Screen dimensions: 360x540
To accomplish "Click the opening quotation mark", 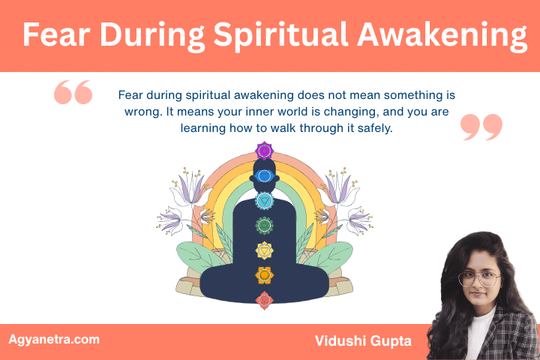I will [73, 93].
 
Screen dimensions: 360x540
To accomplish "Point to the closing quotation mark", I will [481, 127].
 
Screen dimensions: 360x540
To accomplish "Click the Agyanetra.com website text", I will [54, 339].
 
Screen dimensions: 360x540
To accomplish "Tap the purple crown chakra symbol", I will [263, 151].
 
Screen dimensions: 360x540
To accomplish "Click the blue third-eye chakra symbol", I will [263, 176].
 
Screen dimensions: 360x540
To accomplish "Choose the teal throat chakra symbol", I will [263, 200].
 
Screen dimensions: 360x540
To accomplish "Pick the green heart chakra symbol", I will [263, 224].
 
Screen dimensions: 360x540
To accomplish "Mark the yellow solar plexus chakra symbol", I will [263, 250].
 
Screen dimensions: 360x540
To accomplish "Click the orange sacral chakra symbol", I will [263, 275].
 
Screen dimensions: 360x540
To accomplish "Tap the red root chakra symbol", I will [263, 300].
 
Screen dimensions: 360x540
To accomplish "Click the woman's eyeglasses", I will [478, 279].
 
